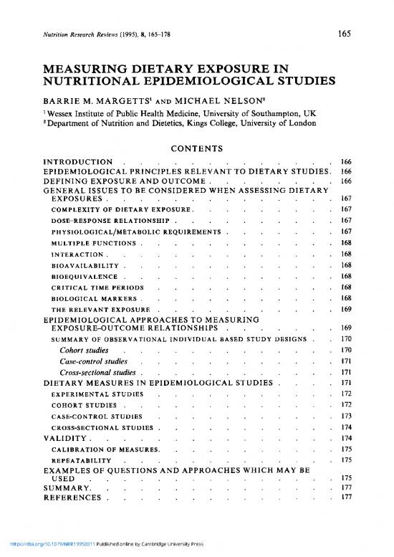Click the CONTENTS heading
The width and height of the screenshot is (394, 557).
pyautogui.click(x=196, y=148)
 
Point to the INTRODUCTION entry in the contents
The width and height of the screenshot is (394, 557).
pyautogui.click(x=77, y=163)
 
